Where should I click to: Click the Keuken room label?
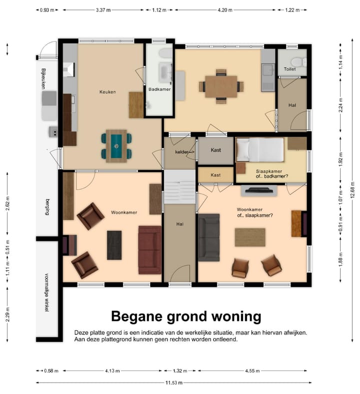click(107, 92)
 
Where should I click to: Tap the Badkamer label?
click(159, 89)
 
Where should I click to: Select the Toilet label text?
click(290, 69)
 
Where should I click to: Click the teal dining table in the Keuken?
click(116, 146)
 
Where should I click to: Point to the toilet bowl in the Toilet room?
click(298, 62)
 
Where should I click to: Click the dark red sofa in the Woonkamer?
click(150, 250)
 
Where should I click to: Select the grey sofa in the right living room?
click(209, 237)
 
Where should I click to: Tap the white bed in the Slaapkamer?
click(260, 150)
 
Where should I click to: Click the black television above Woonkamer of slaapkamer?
click(259, 190)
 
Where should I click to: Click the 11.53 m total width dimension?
click(174, 382)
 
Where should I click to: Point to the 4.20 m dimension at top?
click(225, 10)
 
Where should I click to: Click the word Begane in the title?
click(137, 316)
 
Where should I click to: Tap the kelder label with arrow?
click(184, 152)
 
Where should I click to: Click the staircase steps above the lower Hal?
click(179, 187)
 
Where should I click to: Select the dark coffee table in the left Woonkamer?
click(114, 245)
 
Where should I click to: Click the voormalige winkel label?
click(46, 292)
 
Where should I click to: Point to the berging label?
click(47, 207)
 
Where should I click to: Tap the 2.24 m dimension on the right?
click(340, 105)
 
